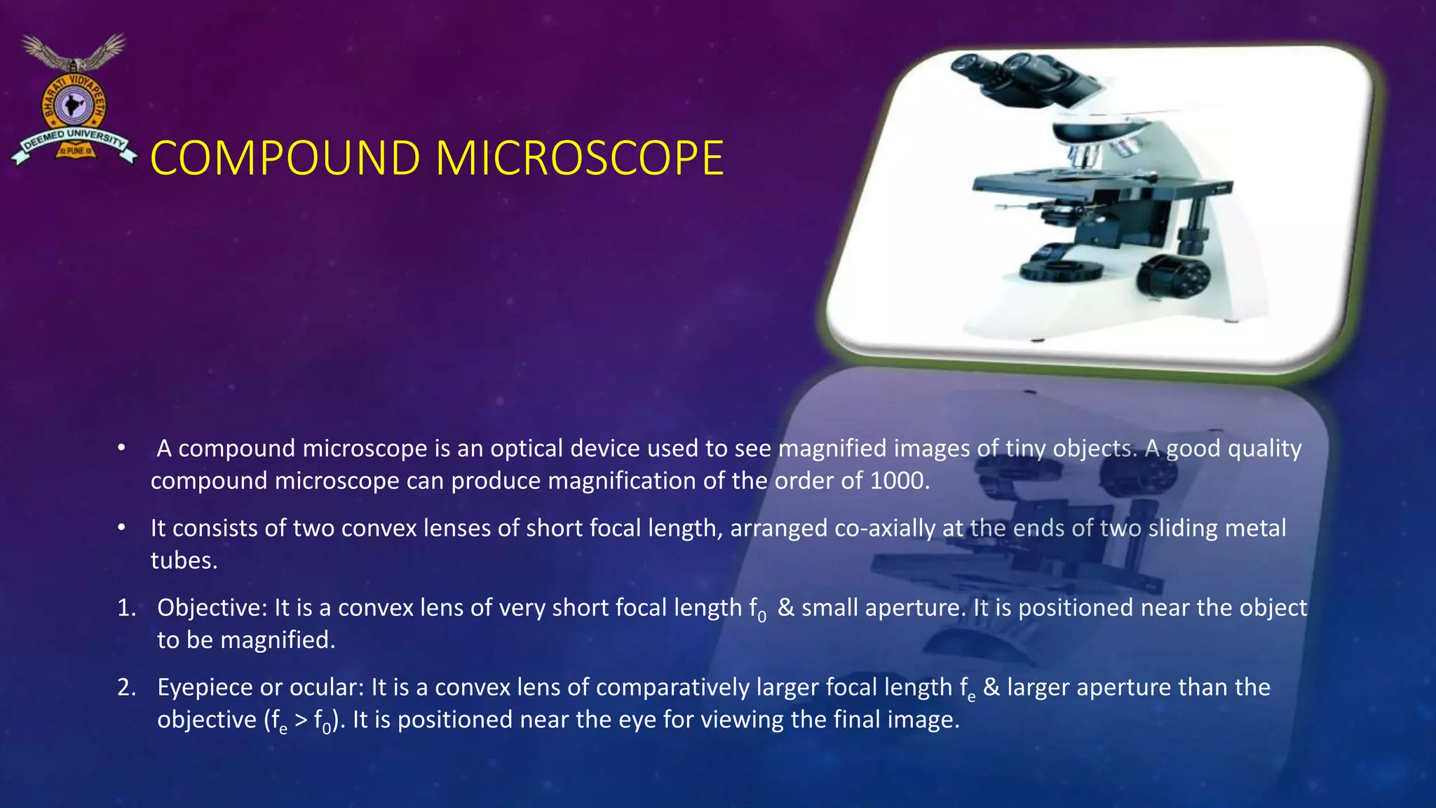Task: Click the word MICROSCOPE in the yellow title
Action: [579, 159]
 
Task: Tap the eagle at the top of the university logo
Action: [73, 53]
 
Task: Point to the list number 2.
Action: [126, 687]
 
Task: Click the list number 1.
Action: [126, 607]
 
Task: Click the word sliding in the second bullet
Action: [1184, 527]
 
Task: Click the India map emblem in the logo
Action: [70, 107]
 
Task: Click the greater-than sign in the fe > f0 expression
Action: [300, 720]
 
